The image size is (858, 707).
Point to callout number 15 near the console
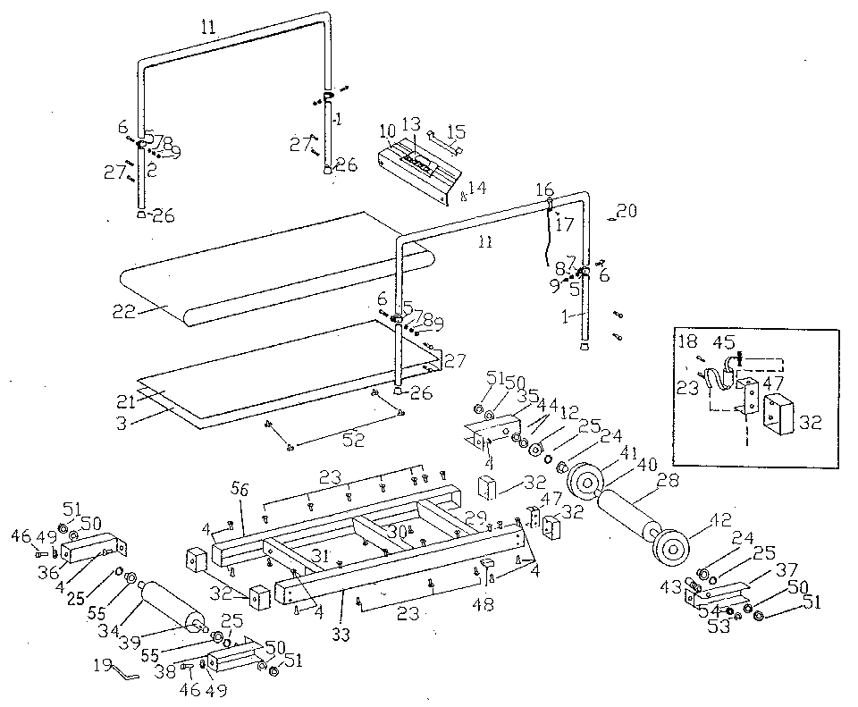pos(456,130)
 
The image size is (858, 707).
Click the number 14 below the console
pos(476,189)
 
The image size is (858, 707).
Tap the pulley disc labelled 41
pos(585,483)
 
